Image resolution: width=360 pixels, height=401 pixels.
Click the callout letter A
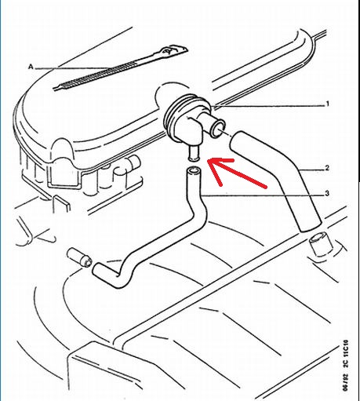31,67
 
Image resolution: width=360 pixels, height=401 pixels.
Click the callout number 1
327,104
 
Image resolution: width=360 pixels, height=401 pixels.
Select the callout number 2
327,168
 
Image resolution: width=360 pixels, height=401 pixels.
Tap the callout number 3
327,194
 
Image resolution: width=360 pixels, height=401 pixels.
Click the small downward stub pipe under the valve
194,154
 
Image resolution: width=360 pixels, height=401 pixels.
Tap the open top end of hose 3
193,171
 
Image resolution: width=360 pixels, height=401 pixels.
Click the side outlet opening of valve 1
218,129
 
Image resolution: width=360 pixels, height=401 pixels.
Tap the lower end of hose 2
310,224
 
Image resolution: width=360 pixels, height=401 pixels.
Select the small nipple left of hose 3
79,257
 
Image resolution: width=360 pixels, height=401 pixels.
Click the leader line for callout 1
269,106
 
